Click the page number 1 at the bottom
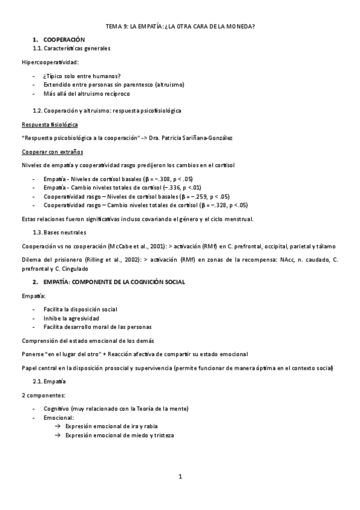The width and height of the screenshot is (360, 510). pyautogui.click(x=180, y=477)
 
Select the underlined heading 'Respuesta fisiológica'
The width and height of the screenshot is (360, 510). pyautogui.click(x=49, y=124)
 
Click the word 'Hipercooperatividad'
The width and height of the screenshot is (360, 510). pyautogui.click(x=50, y=62)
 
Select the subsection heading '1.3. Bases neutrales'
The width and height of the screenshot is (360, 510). pyautogui.click(x=59, y=232)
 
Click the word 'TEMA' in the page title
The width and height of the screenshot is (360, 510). pyautogui.click(x=113, y=26)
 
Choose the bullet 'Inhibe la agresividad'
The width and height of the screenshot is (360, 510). pyautogui.click(x=72, y=318)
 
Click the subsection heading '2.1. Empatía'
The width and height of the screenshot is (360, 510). pyautogui.click(x=49, y=381)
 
